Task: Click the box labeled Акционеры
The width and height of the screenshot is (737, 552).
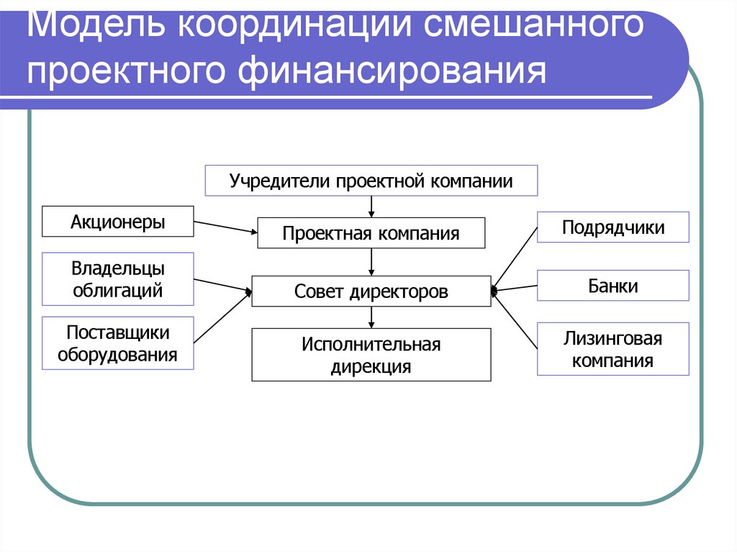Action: (x=118, y=222)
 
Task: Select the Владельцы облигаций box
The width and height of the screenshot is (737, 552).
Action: (x=118, y=279)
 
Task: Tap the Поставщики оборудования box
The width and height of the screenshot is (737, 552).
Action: (x=118, y=343)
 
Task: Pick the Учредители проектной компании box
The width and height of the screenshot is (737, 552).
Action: (x=371, y=181)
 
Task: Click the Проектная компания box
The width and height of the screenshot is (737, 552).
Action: (x=371, y=233)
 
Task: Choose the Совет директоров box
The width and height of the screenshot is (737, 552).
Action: (x=371, y=291)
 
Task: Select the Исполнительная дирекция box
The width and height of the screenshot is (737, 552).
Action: (x=371, y=355)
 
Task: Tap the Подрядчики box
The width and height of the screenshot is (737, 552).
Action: (x=613, y=227)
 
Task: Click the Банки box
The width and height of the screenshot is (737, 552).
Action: (x=613, y=285)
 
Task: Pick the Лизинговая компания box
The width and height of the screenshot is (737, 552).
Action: (x=613, y=349)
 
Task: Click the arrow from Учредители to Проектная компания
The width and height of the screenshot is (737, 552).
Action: (x=371, y=207)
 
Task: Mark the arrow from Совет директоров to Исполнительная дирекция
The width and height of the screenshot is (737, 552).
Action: (x=371, y=317)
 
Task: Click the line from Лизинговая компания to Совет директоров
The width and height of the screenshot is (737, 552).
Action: (x=515, y=321)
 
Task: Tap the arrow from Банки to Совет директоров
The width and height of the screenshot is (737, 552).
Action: (x=515, y=288)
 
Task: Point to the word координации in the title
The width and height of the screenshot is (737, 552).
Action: (x=294, y=27)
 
